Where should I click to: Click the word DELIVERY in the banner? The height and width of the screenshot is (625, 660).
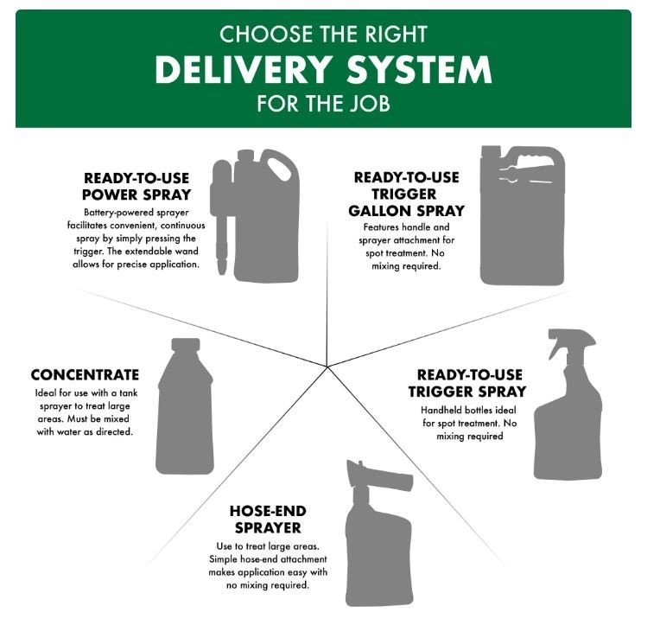click(x=243, y=69)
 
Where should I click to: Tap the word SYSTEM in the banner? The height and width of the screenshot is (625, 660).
click(x=419, y=69)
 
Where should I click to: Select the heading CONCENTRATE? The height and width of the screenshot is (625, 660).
click(x=85, y=375)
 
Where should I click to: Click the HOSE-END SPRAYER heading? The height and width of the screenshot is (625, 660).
click(x=268, y=520)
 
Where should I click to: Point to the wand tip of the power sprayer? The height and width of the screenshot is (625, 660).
click(x=222, y=267)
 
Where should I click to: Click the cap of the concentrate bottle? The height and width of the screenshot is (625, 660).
click(x=186, y=345)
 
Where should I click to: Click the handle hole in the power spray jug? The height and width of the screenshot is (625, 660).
click(x=279, y=169)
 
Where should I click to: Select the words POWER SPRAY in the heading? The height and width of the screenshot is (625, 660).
click(x=136, y=195)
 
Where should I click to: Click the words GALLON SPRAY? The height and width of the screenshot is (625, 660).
click(x=407, y=211)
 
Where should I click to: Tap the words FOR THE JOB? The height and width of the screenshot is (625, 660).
click(x=324, y=104)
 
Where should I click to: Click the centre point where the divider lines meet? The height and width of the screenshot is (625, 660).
click(x=327, y=367)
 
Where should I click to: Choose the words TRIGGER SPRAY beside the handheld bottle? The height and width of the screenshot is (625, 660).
click(x=467, y=392)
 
